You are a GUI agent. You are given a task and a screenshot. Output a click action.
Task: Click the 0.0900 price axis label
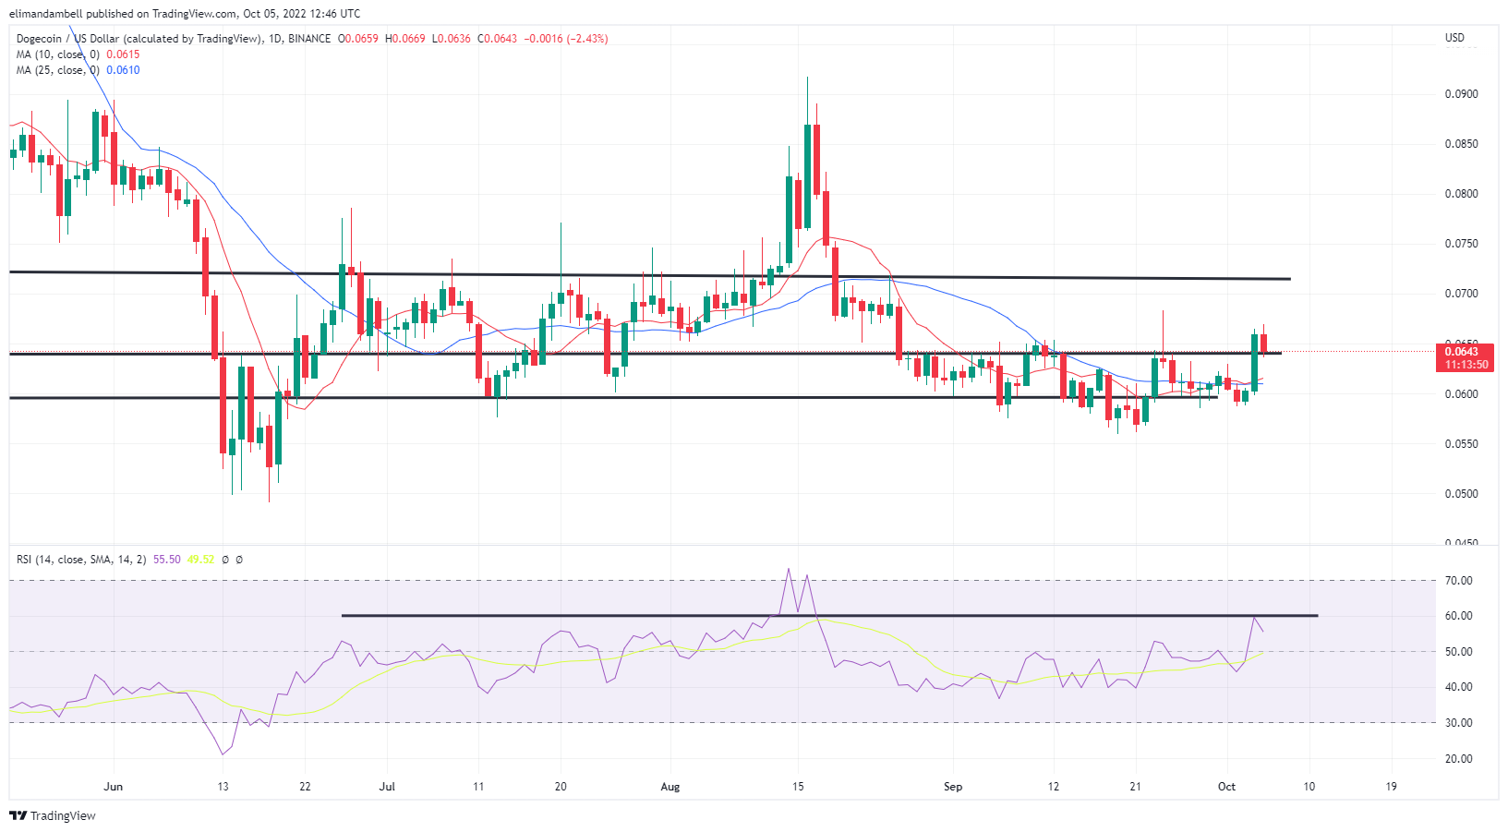pos(1461,94)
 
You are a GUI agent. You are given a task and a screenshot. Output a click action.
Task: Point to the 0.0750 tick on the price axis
pos(1461,244)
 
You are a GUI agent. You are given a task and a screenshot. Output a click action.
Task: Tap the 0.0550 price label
pos(1461,444)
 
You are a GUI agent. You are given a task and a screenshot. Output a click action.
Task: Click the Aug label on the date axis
pos(670,787)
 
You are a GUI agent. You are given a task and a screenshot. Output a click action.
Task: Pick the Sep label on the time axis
pos(953,787)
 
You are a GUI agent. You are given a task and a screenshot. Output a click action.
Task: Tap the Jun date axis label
pos(114,787)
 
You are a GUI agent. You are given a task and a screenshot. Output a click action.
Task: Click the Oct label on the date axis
pos(1226,787)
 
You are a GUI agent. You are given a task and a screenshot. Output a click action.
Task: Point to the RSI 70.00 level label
pos(1459,581)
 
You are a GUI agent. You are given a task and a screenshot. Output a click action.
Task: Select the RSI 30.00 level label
pos(1459,723)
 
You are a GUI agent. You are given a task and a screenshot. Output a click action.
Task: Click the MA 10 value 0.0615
pos(123,54)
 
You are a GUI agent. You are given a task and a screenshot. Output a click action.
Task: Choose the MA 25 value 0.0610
pos(123,70)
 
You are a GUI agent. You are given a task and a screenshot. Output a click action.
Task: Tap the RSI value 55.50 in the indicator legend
pos(167,560)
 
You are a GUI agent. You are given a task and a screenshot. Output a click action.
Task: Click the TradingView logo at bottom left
pos(53,816)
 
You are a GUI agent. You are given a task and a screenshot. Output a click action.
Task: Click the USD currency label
pos(1454,38)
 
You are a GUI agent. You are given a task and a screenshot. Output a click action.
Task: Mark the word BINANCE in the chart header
pos(308,39)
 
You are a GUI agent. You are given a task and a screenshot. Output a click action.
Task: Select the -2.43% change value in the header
pos(587,39)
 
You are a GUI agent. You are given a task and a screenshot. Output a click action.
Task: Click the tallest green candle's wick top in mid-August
pos(807,78)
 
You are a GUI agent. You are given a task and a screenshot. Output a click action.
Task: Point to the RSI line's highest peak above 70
pos(789,569)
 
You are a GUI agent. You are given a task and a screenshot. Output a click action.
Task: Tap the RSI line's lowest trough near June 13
pos(223,754)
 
